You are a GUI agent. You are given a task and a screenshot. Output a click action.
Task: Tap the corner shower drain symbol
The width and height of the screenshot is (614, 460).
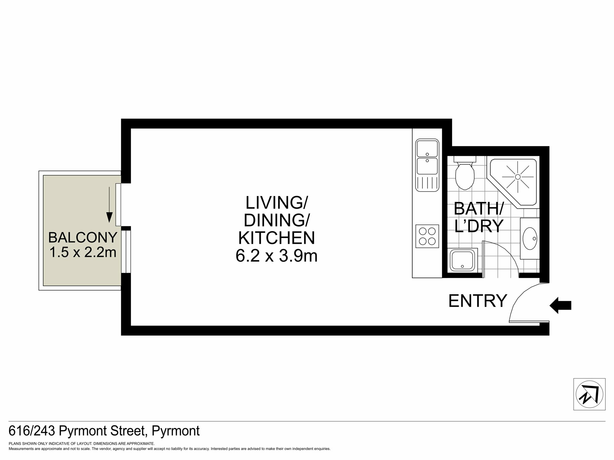518,177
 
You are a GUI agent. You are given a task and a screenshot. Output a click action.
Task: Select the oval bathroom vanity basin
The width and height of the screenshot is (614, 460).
530,238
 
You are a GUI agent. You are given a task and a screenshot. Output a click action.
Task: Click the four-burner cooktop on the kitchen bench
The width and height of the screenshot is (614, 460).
427,236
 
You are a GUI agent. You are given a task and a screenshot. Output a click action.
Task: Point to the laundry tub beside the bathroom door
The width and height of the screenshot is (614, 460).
463,260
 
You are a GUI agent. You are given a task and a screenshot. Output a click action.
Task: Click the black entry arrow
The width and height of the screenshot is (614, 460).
560,305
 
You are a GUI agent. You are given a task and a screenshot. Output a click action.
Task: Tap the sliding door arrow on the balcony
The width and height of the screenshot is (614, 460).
109,204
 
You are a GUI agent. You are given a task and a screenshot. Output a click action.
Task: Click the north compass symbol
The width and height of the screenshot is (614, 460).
589,394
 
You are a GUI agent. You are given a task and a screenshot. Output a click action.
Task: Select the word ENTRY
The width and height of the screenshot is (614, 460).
478,301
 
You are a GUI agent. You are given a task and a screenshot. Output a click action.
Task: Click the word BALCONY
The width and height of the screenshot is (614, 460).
83,237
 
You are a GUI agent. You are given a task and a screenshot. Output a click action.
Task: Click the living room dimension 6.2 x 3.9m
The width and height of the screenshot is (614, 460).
277,256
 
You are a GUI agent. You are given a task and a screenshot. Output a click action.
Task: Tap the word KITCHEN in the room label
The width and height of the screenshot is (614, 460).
277,238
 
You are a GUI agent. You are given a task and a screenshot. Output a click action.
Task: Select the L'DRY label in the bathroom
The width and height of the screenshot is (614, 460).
479,226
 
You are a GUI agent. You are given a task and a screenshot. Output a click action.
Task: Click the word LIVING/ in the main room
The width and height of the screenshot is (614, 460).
277,202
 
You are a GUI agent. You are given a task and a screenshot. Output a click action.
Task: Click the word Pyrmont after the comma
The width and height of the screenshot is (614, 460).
176,431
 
